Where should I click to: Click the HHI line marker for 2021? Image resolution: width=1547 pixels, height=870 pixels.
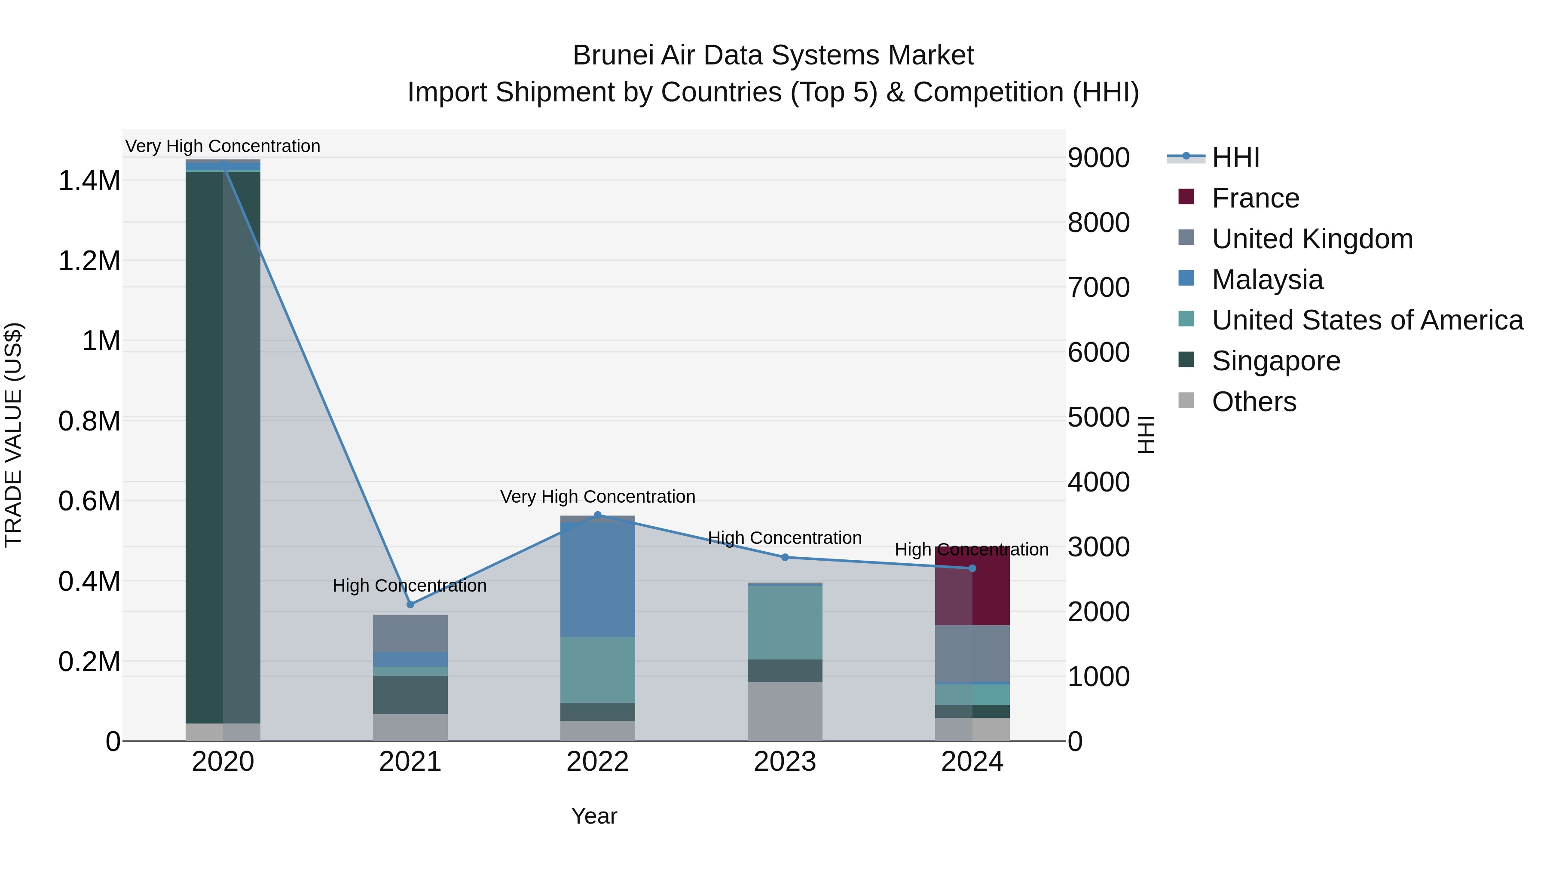410,604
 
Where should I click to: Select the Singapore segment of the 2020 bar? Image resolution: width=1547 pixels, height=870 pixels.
223,447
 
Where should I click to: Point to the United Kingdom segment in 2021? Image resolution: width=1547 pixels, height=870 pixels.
410,633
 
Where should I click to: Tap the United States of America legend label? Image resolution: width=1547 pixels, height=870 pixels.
1367,320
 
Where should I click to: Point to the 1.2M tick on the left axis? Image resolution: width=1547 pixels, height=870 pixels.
89,261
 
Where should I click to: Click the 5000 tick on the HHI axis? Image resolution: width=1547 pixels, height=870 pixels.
1098,417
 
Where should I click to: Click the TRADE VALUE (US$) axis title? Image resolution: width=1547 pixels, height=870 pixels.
13,435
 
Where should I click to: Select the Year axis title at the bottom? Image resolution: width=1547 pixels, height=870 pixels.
593,816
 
